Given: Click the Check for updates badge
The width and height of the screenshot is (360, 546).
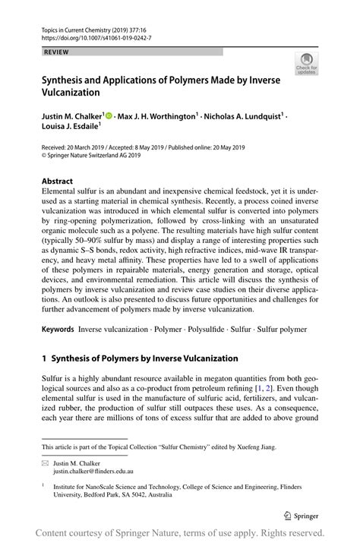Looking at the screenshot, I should tap(307, 65).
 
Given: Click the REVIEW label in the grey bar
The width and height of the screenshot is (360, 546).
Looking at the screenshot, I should tap(55, 52).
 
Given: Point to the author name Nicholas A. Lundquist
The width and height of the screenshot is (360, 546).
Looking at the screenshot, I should tap(244, 116).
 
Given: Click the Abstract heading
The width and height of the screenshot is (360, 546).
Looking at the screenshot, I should tap(57, 181).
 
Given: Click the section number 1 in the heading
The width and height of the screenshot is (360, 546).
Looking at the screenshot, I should tap(45, 358).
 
